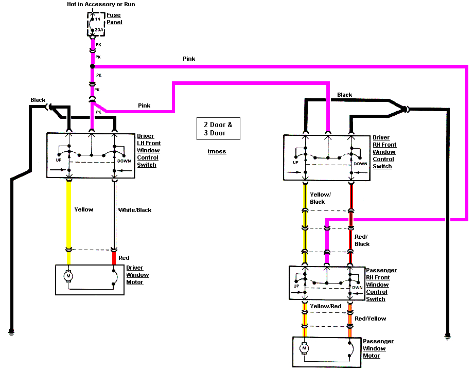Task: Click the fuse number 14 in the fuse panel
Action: click(x=98, y=19)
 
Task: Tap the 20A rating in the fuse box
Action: click(x=99, y=30)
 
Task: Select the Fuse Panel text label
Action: click(x=114, y=19)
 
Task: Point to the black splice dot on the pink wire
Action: click(x=93, y=67)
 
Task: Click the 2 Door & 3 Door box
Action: click(x=218, y=129)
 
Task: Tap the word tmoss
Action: click(x=217, y=151)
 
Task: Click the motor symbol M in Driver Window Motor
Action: click(x=68, y=277)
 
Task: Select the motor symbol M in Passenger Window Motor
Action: click(x=304, y=348)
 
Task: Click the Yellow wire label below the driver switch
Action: click(x=84, y=209)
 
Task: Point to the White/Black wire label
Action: click(x=135, y=210)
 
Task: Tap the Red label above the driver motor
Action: click(x=124, y=258)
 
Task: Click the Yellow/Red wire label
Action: click(x=326, y=306)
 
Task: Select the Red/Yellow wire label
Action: click(x=371, y=319)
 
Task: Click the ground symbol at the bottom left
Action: click(x=11, y=332)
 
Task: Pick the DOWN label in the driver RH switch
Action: click(x=360, y=164)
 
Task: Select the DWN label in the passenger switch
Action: click(x=357, y=288)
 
